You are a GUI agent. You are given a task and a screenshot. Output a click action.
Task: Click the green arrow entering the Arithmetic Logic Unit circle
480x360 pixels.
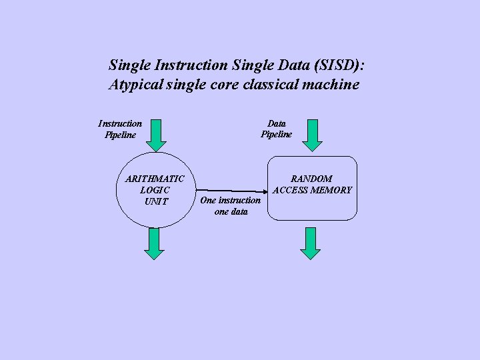pos(155,135)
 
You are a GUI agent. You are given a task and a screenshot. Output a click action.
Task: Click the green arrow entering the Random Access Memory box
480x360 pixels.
pos(311,135)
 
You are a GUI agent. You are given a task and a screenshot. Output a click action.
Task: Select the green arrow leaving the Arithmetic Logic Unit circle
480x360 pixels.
pos(155,243)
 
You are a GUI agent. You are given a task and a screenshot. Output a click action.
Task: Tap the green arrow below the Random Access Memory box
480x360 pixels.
pos(311,243)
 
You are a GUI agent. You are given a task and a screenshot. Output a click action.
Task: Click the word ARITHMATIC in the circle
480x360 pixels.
pos(155,179)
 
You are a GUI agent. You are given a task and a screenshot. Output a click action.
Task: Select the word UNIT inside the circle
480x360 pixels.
pos(156,201)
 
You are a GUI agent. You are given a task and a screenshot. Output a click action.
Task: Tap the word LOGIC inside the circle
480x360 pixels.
pos(155,190)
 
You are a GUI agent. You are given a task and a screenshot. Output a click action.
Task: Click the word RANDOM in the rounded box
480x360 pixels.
pos(312,179)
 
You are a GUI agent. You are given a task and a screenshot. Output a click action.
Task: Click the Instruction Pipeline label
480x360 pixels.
pos(120,129)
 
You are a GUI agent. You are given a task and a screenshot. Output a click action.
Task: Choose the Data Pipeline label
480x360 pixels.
pos(276,129)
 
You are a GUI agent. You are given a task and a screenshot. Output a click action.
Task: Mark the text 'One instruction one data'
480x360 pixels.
pos(231,206)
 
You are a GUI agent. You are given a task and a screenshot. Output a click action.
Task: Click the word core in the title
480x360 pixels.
pos(226,85)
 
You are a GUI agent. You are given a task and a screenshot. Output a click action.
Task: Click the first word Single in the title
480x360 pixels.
pos(129,65)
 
